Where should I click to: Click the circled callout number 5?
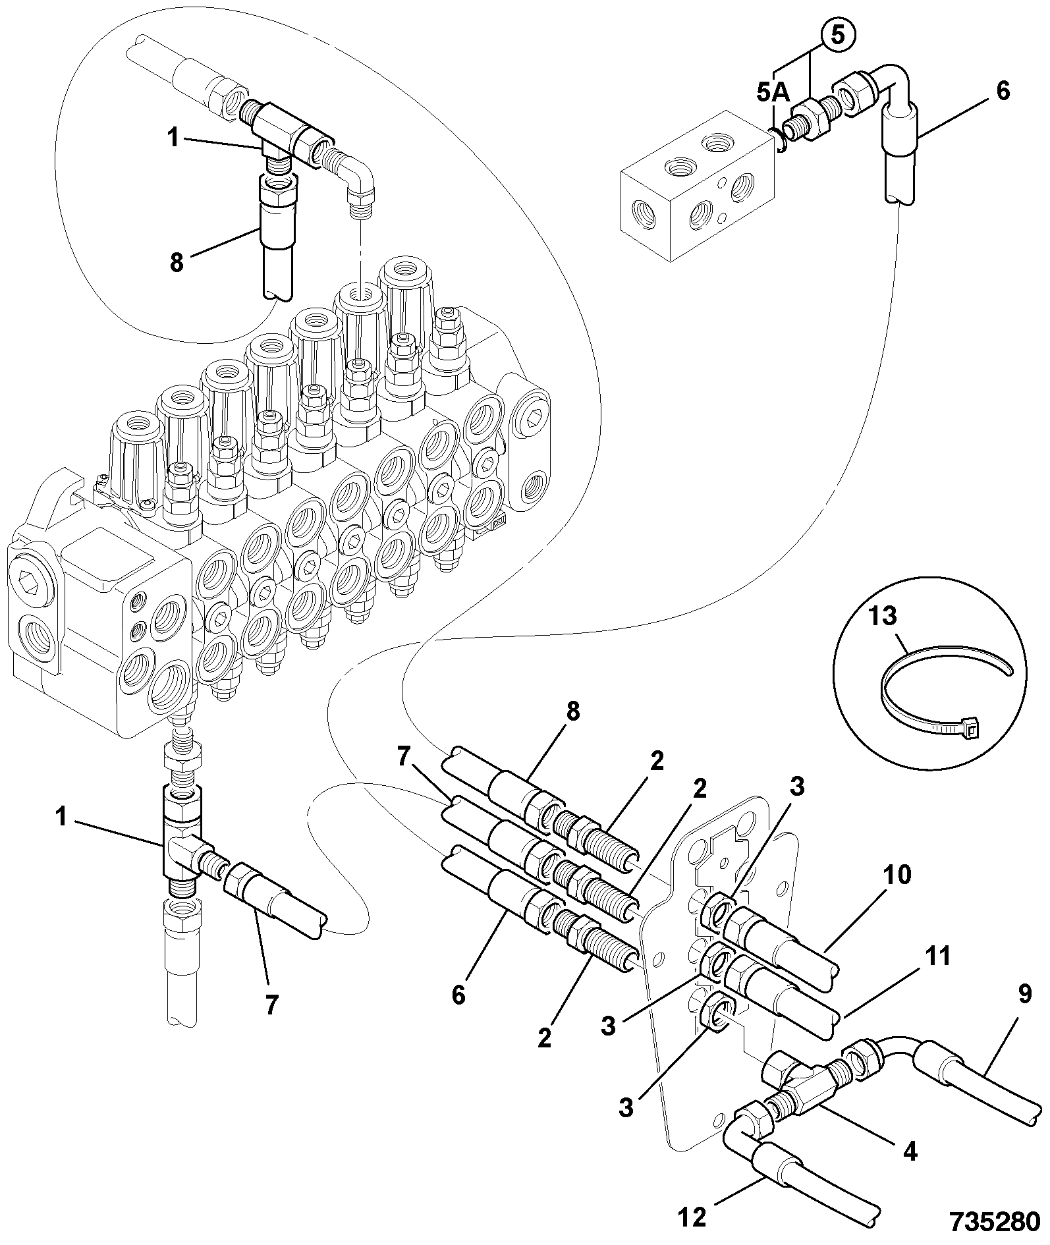click(x=837, y=36)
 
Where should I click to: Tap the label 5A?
click(x=773, y=93)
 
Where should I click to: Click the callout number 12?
click(x=693, y=1217)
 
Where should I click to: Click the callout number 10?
click(x=898, y=875)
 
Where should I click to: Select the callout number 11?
click(x=938, y=956)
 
